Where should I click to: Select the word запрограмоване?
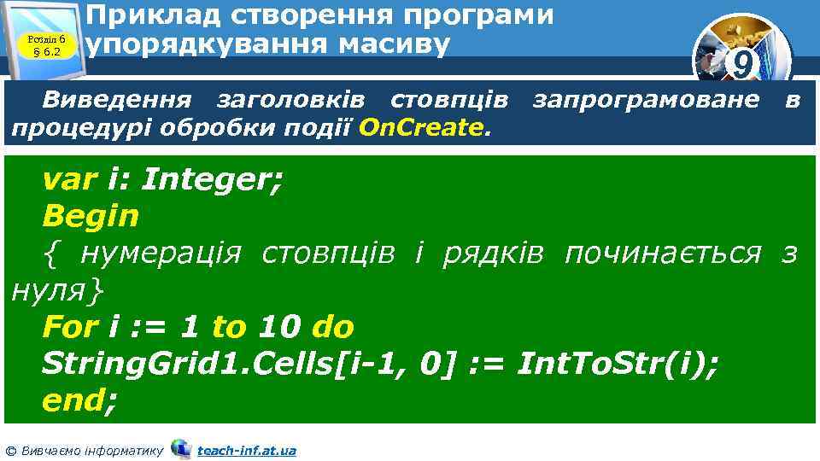tap(645, 100)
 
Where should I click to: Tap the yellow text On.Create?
tap(422, 128)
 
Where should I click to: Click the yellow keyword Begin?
tap(90, 216)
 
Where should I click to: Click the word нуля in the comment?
tap(47, 290)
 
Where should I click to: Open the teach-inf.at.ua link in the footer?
tap(246, 450)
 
